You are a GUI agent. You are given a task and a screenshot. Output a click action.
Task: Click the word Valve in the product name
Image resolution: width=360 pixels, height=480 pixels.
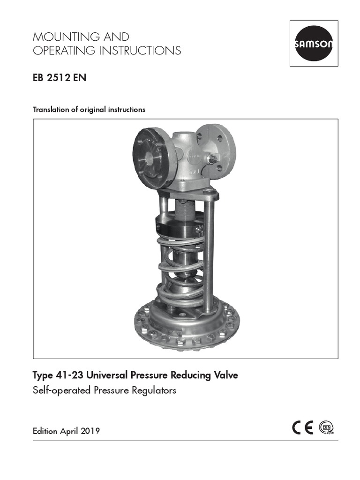[x=225, y=375]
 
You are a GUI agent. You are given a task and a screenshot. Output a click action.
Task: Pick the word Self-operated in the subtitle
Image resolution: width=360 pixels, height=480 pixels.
[x=60, y=390]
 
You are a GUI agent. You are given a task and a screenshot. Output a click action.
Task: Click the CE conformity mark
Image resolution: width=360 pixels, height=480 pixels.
[x=302, y=428]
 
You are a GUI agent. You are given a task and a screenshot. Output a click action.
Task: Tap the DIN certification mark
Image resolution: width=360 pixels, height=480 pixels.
[x=326, y=428]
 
